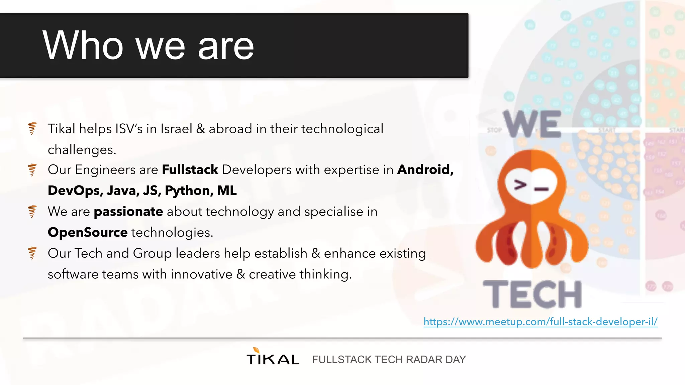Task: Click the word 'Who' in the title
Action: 83,45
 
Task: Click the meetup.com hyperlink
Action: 540,322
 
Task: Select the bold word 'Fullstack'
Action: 190,170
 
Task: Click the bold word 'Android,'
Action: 425,170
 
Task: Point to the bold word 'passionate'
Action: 128,212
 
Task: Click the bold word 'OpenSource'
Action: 88,232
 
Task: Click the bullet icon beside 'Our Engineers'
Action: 32,170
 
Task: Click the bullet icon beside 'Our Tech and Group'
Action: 32,253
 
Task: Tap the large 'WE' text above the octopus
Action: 532,124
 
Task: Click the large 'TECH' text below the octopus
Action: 532,294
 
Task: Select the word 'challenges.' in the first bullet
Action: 82,150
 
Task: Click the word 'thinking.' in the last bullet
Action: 325,274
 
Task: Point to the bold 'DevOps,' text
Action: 75,190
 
